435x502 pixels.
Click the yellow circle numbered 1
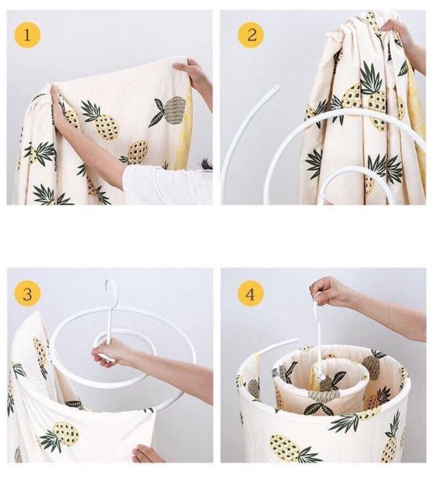[x=27, y=35]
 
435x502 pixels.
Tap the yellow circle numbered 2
[x=251, y=35]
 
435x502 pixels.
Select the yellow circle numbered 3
[x=27, y=293]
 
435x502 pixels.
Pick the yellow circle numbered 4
[x=250, y=293]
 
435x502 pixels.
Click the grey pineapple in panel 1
[x=174, y=110]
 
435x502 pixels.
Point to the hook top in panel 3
[x=111, y=284]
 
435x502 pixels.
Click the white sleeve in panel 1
[x=166, y=184]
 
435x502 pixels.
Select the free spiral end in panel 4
[x=294, y=340]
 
